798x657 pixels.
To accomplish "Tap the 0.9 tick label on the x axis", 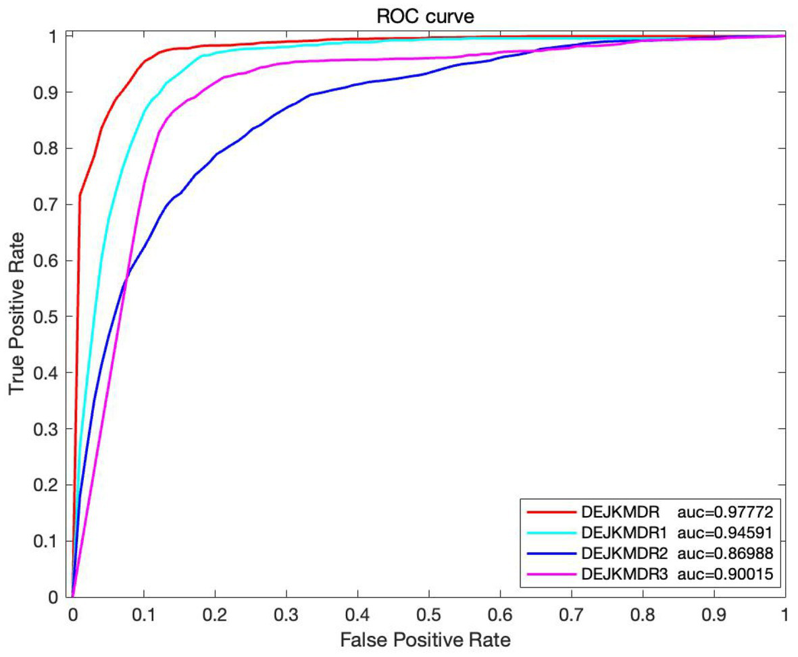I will (714, 614).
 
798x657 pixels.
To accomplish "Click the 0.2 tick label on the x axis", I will (214, 614).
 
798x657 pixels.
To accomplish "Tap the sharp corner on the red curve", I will (80, 196).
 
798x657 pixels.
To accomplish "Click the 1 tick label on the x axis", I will (784, 614).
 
